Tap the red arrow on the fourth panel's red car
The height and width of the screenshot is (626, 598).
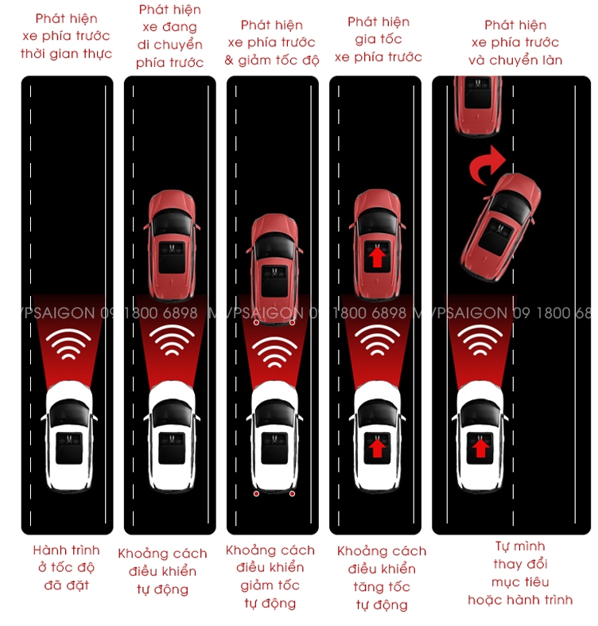pos(376,256)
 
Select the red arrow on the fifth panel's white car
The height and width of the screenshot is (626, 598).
pos(480,448)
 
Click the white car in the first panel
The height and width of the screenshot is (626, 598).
pos(70,434)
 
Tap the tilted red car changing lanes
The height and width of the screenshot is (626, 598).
pos(499,231)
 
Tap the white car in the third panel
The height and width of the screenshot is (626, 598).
pos(274,437)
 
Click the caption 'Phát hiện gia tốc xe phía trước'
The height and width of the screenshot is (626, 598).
pos(378,40)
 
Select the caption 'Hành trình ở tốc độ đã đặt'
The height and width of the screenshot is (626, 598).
pos(67,567)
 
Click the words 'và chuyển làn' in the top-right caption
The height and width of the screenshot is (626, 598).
pos(515,60)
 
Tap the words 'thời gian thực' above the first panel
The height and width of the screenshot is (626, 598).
pos(67,54)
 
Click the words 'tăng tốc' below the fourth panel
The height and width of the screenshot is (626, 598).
pos(381,587)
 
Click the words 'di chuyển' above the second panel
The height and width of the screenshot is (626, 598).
pos(169,45)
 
